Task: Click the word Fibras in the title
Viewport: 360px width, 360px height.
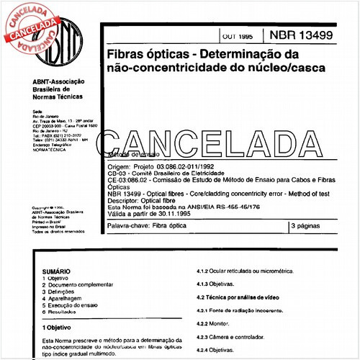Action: point(126,55)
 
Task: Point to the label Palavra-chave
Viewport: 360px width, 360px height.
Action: point(127,226)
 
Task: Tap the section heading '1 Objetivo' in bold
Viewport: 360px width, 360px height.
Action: point(61,327)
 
